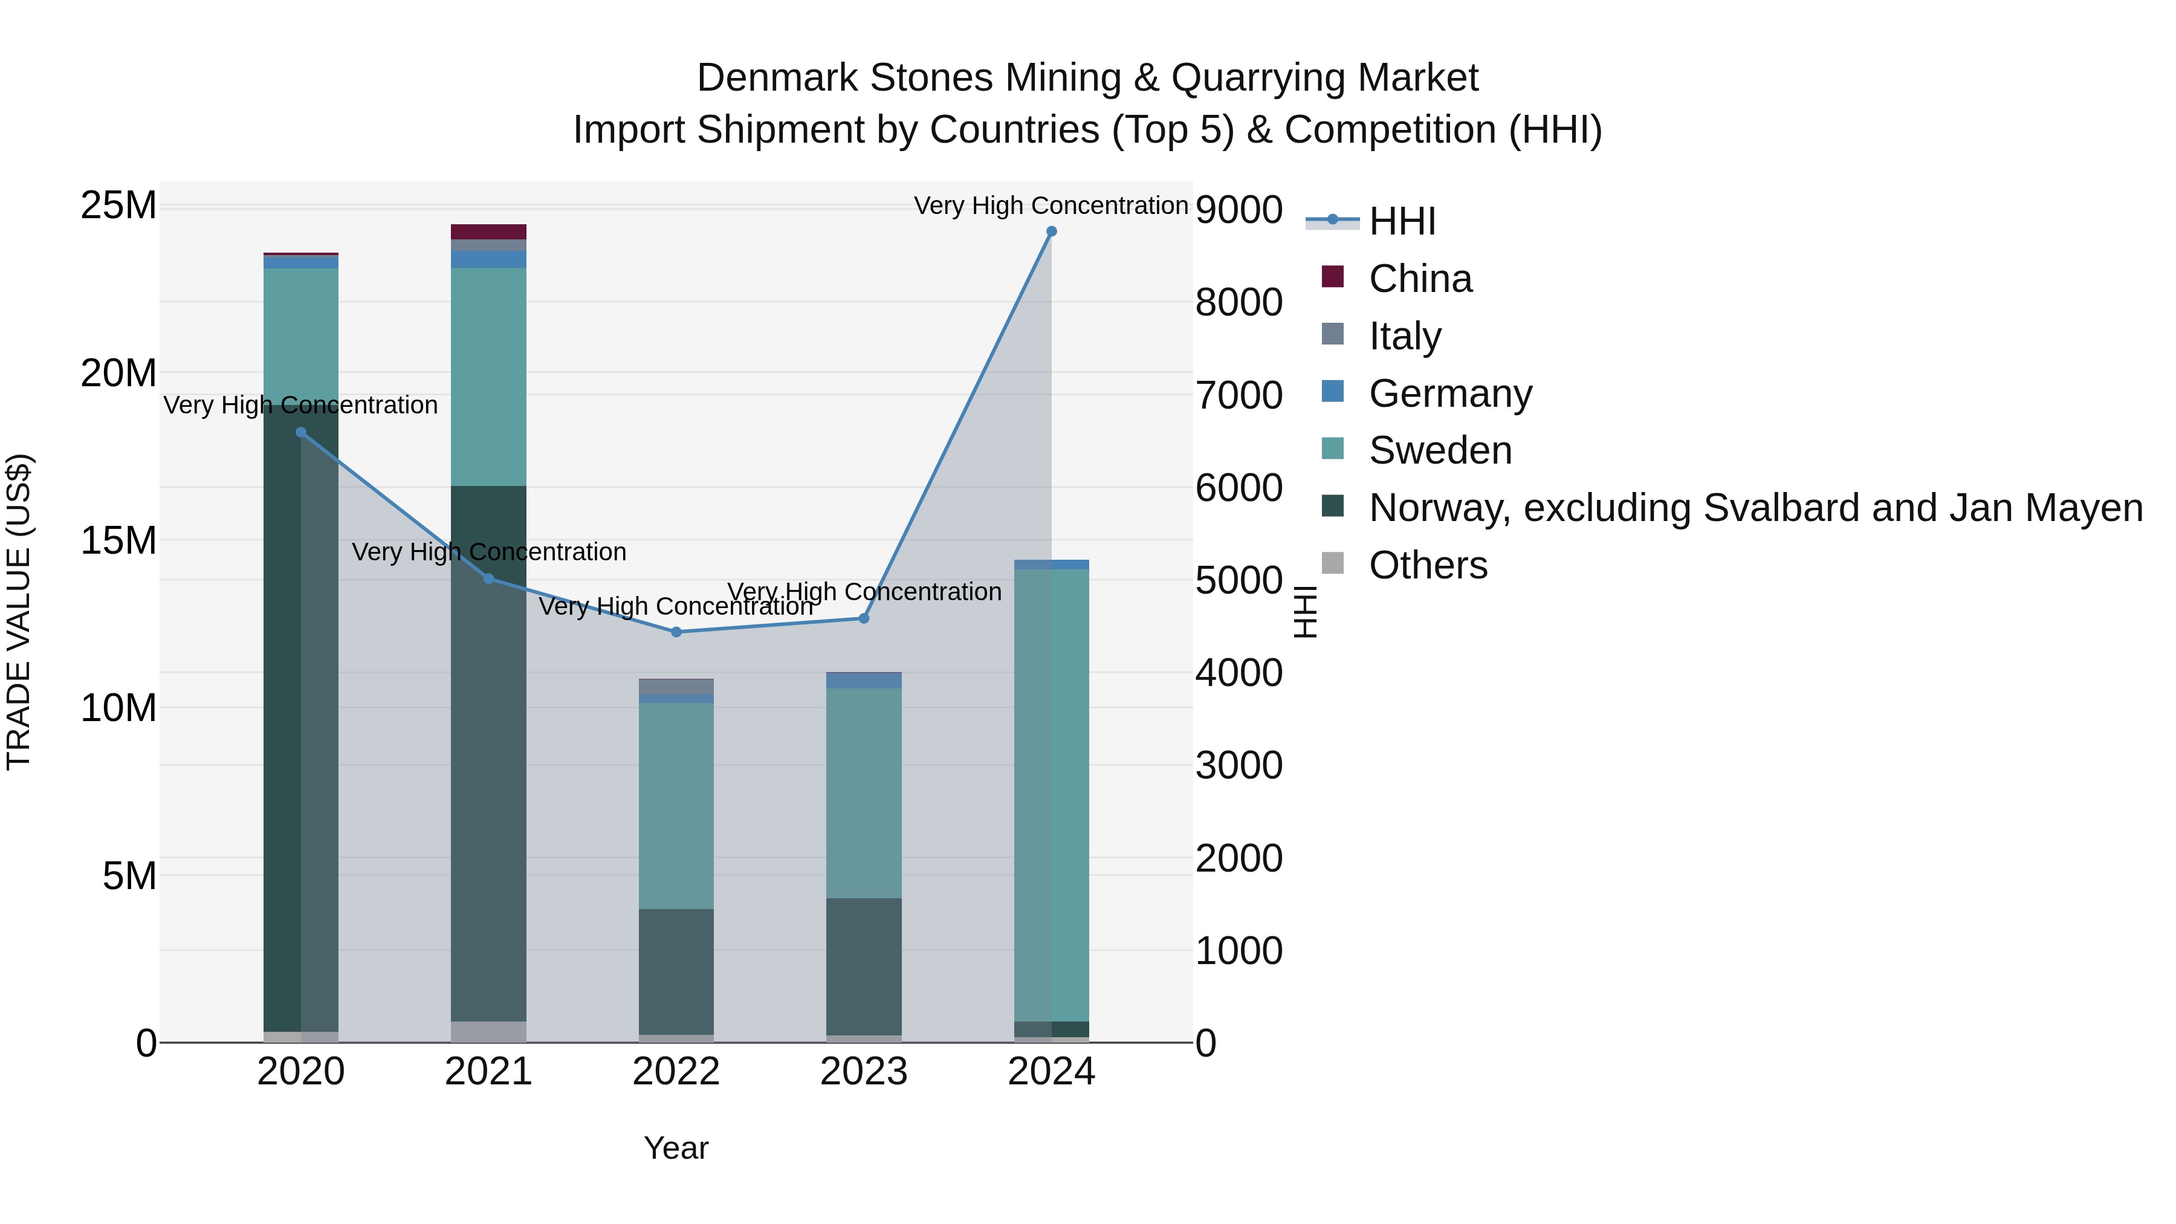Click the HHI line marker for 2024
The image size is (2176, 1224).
1051,232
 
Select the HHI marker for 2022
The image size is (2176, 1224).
676,632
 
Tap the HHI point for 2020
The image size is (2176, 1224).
301,433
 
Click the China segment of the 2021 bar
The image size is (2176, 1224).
488,232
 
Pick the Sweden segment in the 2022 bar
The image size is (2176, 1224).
676,805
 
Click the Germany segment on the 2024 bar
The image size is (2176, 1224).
1051,565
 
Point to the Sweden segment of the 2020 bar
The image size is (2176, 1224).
301,335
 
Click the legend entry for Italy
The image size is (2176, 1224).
1404,336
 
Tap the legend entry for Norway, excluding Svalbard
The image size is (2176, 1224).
1755,508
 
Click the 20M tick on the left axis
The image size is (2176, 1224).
118,372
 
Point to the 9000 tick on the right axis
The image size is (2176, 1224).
1239,210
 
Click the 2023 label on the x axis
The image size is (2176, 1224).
863,1072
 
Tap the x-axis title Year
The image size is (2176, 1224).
676,1148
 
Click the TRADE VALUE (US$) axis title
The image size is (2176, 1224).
19,612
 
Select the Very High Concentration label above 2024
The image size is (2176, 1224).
1051,206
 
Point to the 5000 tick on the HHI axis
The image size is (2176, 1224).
1239,580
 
